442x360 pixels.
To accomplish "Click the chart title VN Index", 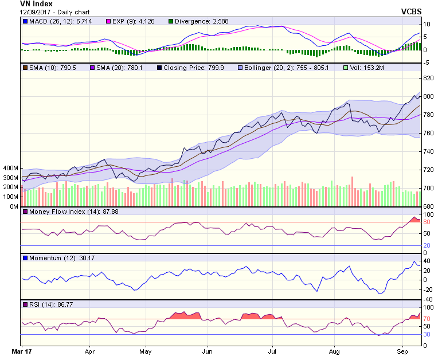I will (x=36, y=3).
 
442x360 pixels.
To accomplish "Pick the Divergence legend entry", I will (x=205, y=22).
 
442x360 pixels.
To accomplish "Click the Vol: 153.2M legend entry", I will (x=367, y=68).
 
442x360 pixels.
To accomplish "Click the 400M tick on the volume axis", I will (x=11, y=169).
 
